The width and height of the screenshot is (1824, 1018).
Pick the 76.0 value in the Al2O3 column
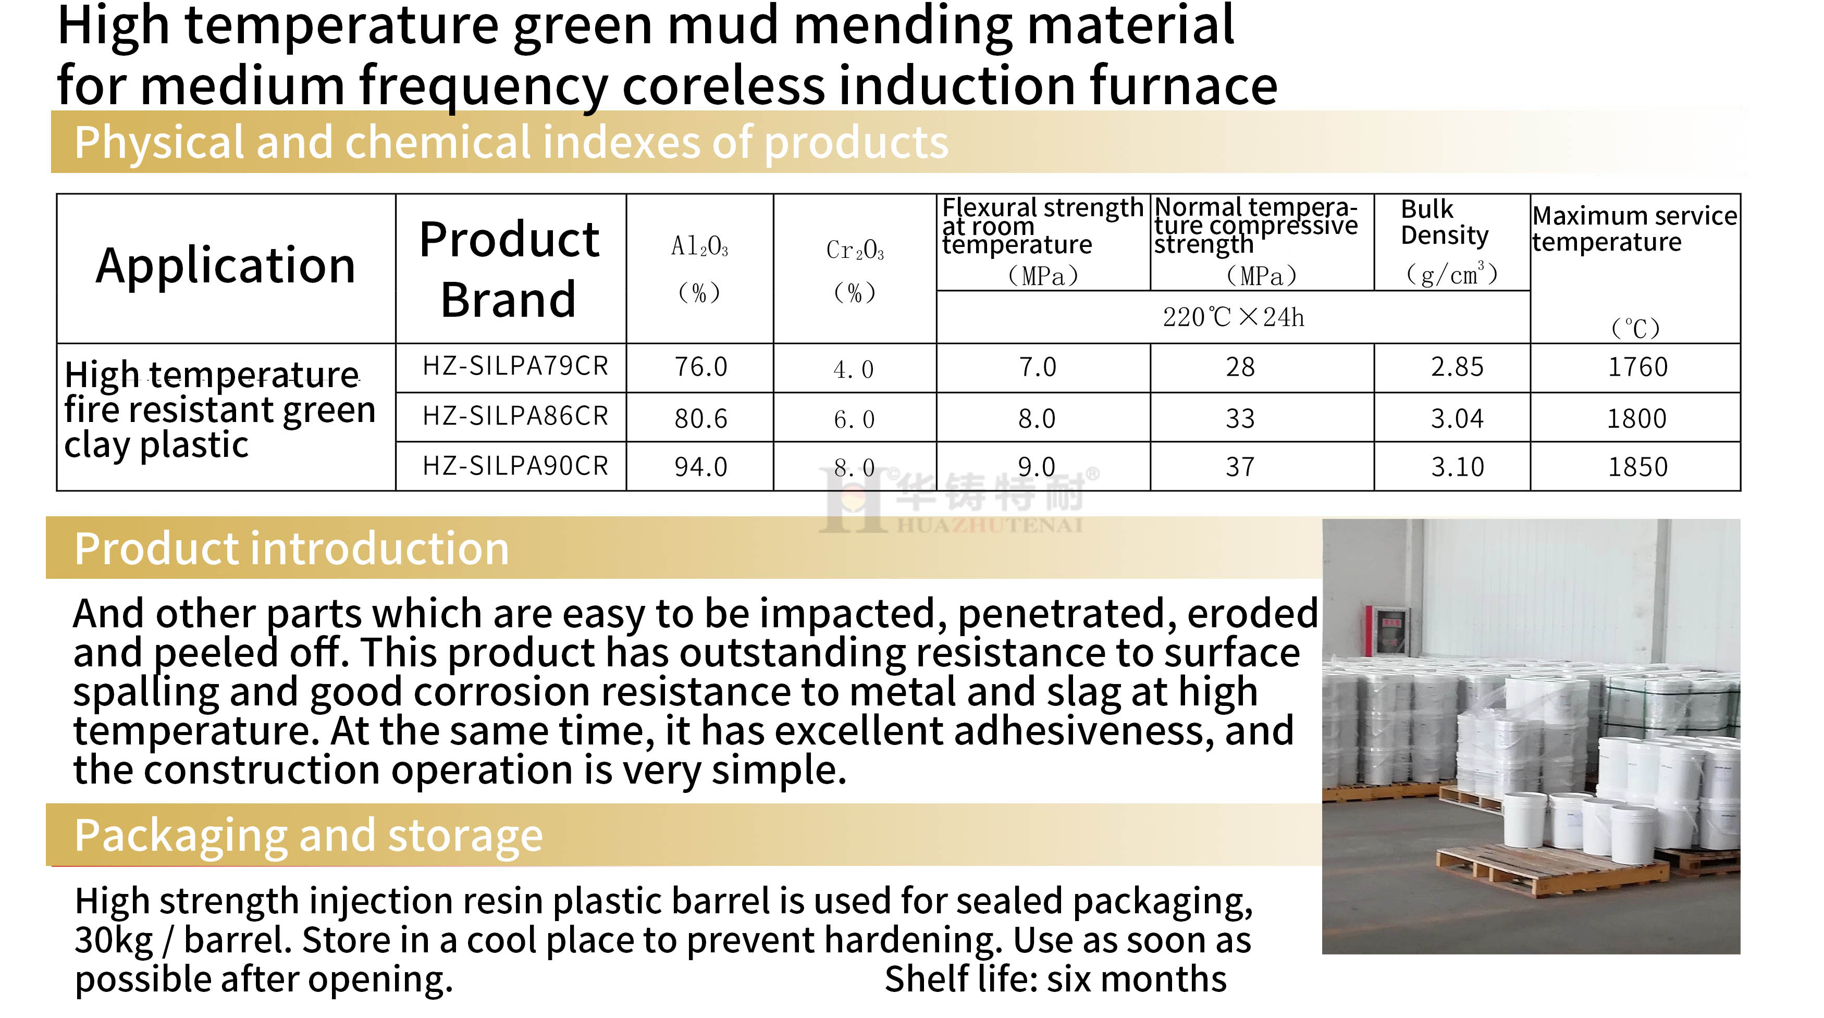700,367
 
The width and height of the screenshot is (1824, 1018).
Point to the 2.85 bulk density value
1457,367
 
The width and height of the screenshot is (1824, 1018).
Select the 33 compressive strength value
1240,418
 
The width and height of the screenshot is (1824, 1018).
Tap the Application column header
225,267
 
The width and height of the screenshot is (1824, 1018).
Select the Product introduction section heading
292,549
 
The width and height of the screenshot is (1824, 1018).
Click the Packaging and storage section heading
308,836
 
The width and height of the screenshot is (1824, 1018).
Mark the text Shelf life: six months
1055,979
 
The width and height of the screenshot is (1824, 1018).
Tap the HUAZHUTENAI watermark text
989,525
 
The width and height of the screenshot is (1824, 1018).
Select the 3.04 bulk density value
1457,418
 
